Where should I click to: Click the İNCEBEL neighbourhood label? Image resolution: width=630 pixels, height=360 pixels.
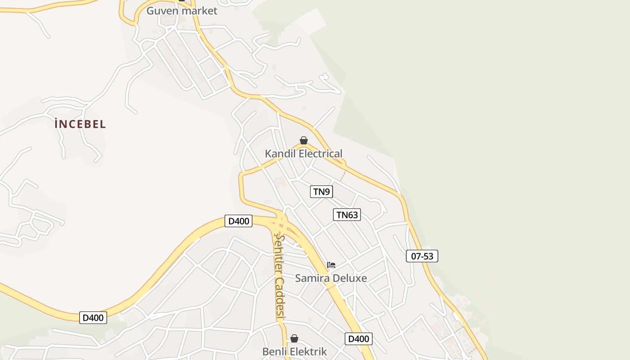click(x=80, y=124)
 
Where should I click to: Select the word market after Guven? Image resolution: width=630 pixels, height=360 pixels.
click(x=200, y=11)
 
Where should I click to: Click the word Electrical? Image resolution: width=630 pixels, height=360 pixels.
click(x=320, y=153)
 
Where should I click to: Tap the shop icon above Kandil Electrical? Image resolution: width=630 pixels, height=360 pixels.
click(x=304, y=140)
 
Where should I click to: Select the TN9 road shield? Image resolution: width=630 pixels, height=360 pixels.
click(x=321, y=192)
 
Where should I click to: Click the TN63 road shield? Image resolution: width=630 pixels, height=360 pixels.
click(x=347, y=215)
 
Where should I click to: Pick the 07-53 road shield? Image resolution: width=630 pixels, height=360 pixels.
click(x=422, y=256)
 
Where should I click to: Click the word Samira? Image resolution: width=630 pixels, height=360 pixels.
click(x=310, y=278)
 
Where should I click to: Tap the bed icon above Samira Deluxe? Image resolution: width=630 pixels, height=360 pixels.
click(x=331, y=265)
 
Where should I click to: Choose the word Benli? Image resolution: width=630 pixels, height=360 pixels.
click(x=275, y=351)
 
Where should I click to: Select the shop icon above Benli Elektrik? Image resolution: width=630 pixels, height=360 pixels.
click(x=294, y=338)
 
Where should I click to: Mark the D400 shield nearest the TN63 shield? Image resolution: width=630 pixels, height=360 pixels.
click(x=238, y=221)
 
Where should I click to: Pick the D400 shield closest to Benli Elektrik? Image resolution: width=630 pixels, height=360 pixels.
click(x=359, y=339)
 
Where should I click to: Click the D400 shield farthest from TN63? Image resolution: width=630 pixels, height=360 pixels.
click(x=93, y=317)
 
